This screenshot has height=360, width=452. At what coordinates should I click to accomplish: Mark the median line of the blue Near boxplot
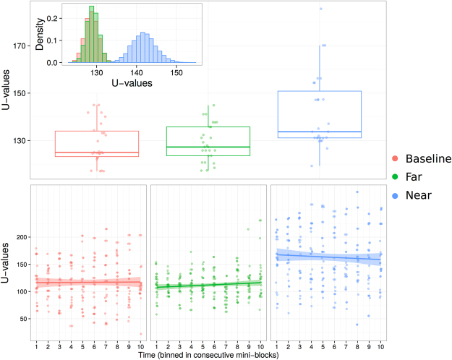tap(319, 132)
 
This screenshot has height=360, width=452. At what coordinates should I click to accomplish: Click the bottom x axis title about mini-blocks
tap(207, 354)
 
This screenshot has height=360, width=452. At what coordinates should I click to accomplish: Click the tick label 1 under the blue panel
tap(276, 346)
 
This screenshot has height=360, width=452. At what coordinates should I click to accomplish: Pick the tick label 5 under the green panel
tap(202, 346)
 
